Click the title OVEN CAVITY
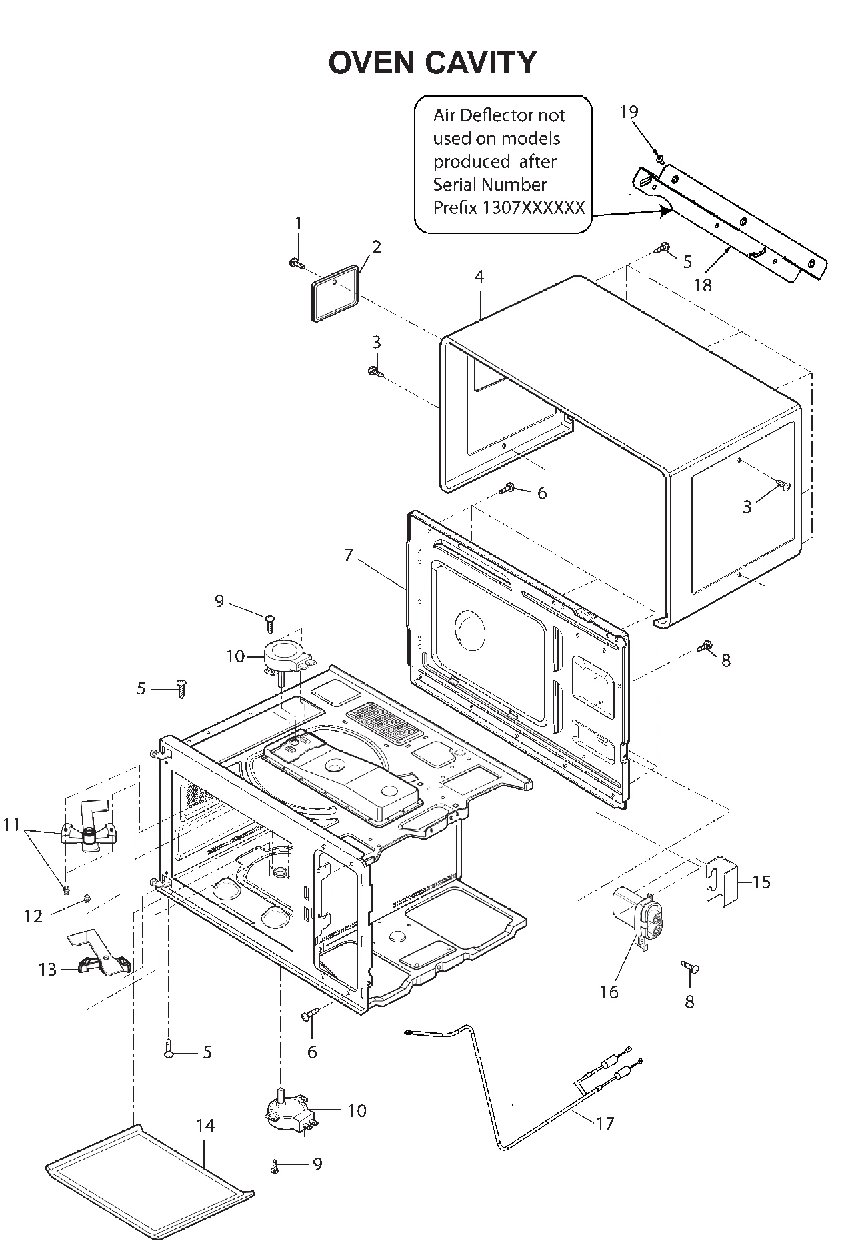point(432,62)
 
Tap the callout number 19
point(629,112)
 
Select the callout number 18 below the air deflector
point(703,285)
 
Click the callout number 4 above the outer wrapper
point(479,277)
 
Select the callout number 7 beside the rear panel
point(348,555)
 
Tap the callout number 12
point(33,916)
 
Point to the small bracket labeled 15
point(721,882)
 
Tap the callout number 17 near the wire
point(604,1124)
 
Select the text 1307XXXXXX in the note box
point(533,208)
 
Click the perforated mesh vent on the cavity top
point(385,722)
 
